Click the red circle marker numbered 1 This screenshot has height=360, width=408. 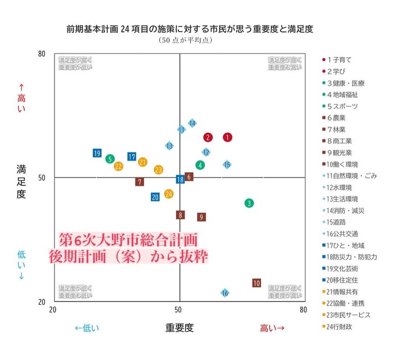point(227,137)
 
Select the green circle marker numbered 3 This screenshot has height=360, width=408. point(249,203)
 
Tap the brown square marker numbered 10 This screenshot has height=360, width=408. point(257,283)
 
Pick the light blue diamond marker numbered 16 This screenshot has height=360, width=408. point(225,293)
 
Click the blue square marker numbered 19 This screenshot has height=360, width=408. point(97,153)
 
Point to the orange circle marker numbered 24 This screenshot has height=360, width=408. point(169,194)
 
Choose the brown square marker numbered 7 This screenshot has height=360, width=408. point(140,182)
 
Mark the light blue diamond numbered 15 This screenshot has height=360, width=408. point(227,164)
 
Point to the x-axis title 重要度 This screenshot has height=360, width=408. point(180,327)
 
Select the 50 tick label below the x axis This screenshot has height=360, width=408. point(179,310)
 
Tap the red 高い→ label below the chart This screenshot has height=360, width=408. point(272,327)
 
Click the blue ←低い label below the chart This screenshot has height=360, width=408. point(87,327)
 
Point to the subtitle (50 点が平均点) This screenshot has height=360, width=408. point(178,40)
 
